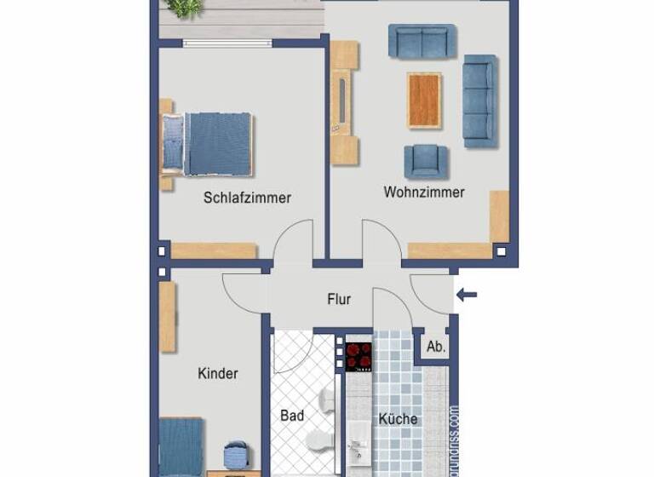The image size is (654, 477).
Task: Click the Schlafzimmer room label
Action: [247, 198]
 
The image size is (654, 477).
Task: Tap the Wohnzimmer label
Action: [424, 192]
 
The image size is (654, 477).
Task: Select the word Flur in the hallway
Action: [339, 299]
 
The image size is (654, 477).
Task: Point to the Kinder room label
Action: [218, 373]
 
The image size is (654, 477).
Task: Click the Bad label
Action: [291, 416]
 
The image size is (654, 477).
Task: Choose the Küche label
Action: [398, 418]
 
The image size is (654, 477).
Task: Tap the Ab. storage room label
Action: [436, 347]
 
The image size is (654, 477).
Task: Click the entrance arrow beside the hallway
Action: [467, 296]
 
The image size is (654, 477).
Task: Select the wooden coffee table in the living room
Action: [424, 100]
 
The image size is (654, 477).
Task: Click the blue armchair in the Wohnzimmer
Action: [425, 160]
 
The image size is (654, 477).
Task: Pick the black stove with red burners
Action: [359, 356]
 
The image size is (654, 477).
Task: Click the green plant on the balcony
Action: [185, 8]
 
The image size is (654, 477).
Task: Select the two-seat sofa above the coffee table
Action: [422, 40]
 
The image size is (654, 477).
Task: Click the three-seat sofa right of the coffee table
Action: [479, 101]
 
